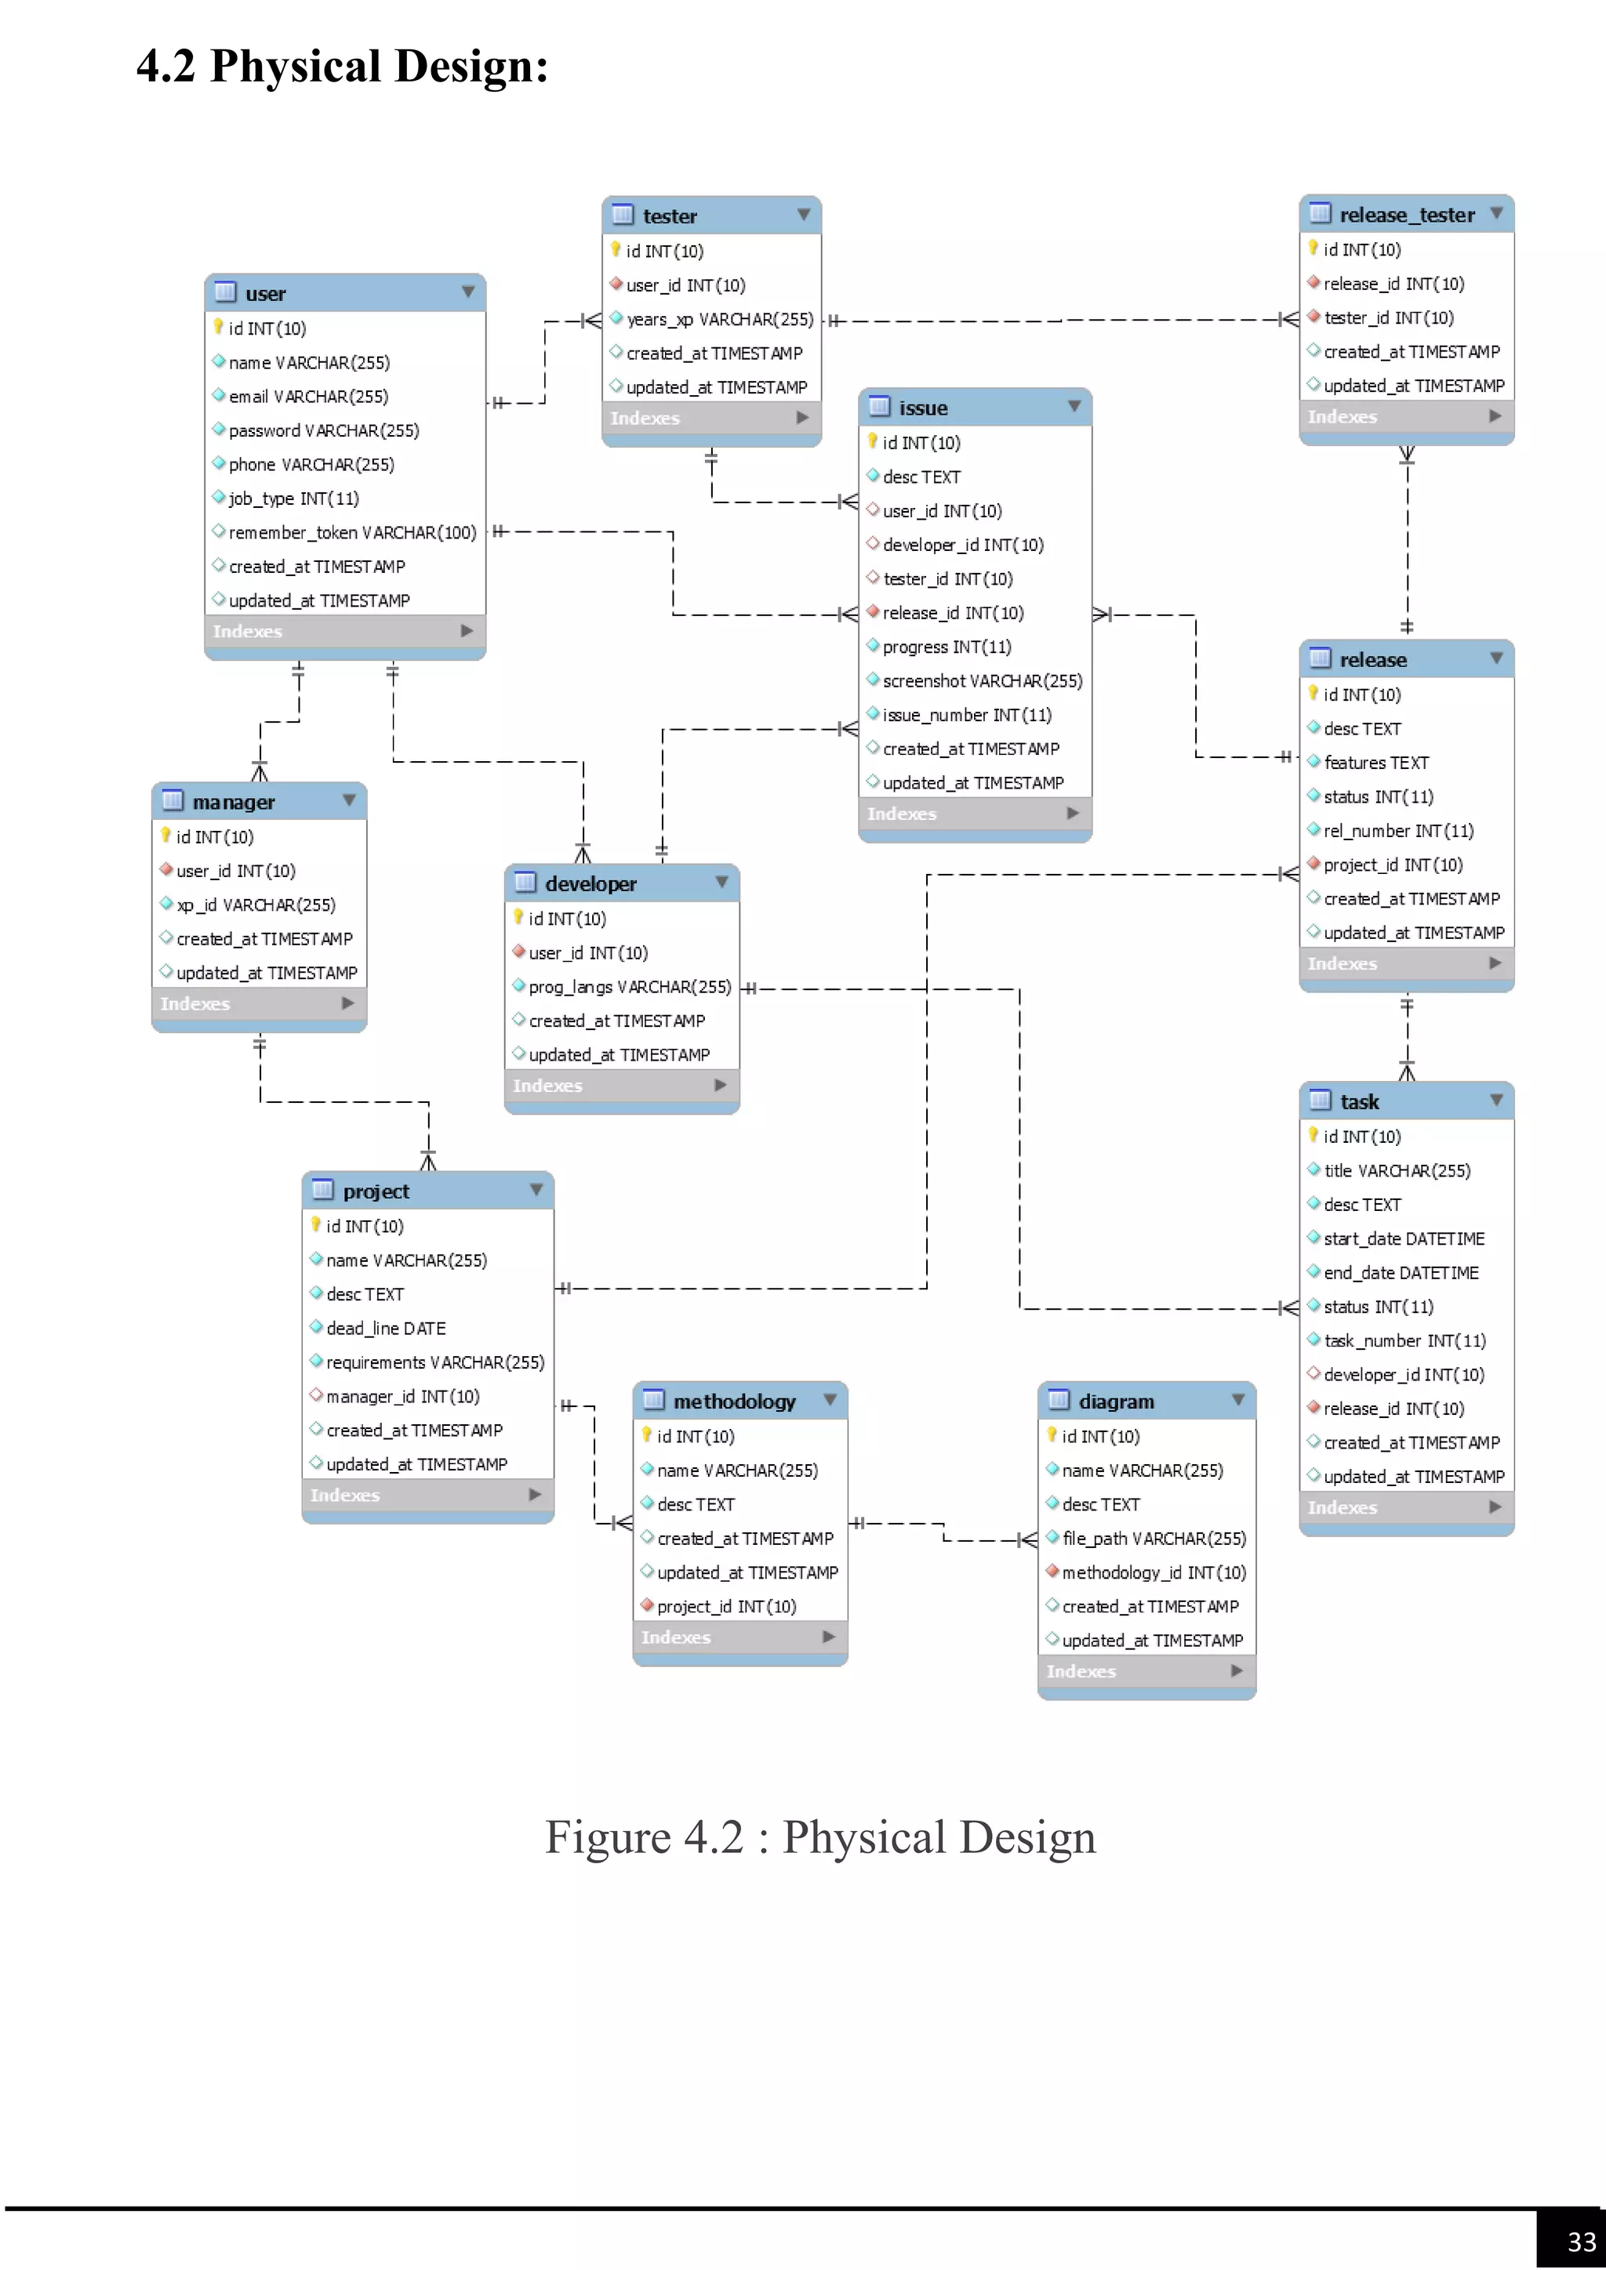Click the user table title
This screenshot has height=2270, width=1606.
pos(265,294)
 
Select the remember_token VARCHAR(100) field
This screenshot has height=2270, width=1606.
pos(351,533)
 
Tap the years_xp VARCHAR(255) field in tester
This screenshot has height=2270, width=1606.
pos(719,319)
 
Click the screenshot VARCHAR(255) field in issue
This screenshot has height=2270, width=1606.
pos(981,681)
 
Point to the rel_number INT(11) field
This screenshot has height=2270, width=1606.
pos(1397,832)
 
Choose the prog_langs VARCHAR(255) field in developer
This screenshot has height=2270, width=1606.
pos(629,987)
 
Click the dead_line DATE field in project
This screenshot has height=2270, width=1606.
pos(386,1329)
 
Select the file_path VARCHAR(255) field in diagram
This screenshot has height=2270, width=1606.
pos(1153,1539)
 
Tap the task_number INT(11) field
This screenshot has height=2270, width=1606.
pos(1404,1340)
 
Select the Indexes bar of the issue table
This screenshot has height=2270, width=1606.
pos(974,814)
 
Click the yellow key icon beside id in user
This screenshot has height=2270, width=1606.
pos(219,327)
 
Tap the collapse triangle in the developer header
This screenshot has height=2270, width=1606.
pos(722,882)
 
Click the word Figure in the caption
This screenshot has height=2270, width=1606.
pos(607,1837)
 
